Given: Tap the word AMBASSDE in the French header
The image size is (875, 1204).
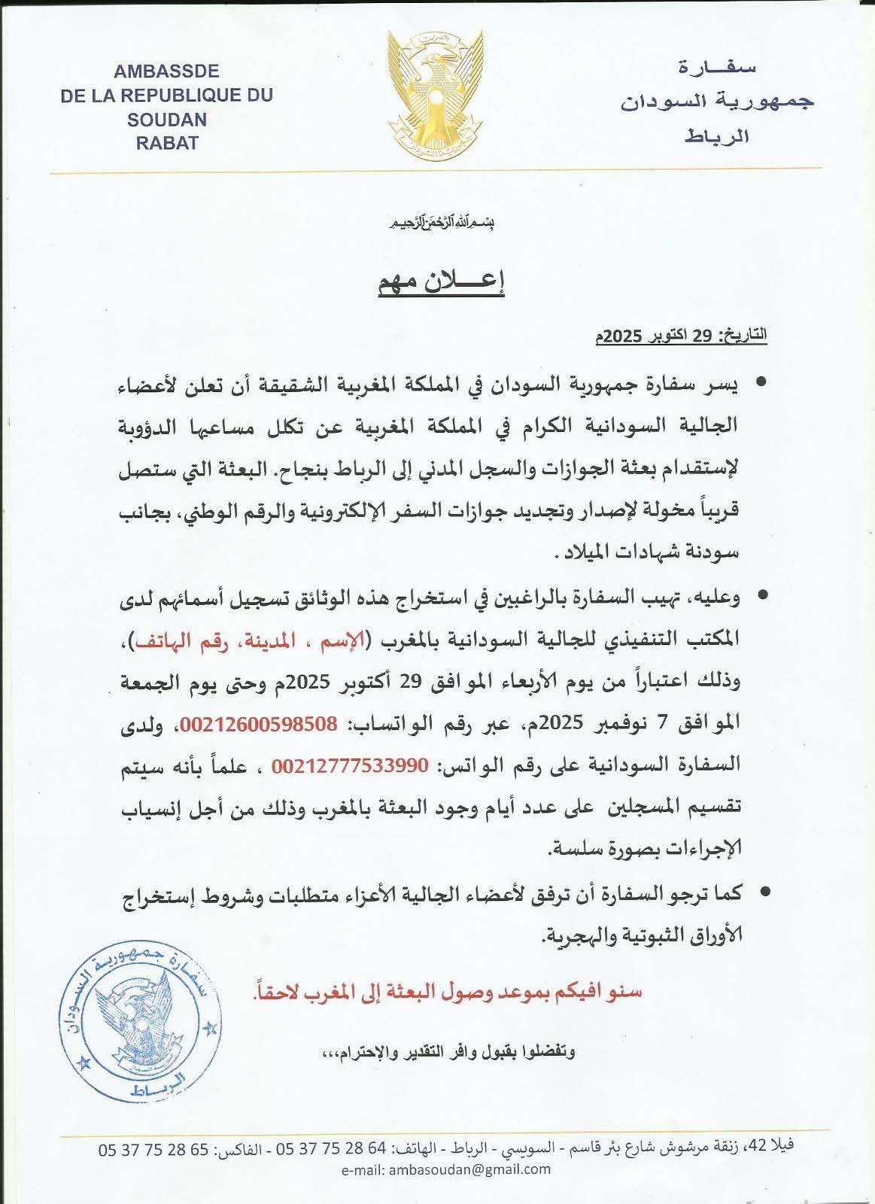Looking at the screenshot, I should [166, 71].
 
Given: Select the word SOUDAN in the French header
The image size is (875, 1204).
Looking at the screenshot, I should [166, 119].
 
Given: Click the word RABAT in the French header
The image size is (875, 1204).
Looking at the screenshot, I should [166, 142].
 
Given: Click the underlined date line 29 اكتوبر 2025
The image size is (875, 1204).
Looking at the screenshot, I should [681, 336].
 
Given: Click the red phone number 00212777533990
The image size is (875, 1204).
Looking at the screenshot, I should [350, 765].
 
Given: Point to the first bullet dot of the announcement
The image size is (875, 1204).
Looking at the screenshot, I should [761, 384].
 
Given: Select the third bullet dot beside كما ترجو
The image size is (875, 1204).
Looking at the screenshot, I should [764, 893].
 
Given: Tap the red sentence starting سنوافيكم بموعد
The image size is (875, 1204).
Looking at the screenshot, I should [448, 992].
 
